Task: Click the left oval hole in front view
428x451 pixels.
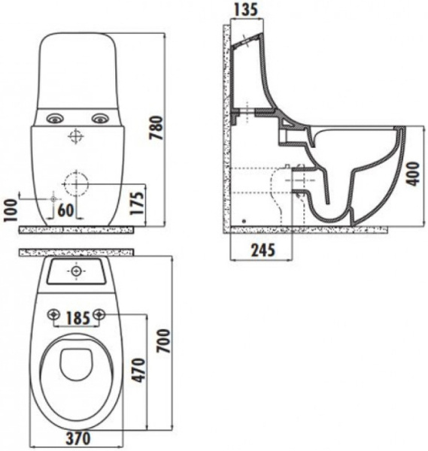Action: click(53, 118)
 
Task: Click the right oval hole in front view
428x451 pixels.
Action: click(99, 118)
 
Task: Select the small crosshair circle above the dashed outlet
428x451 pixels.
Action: click(75, 136)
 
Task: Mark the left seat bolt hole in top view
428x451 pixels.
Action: click(53, 314)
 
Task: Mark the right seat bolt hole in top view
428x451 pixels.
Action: click(99, 314)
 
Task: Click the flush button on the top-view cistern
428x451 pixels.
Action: click(76, 271)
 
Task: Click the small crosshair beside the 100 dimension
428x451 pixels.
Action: click(53, 197)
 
